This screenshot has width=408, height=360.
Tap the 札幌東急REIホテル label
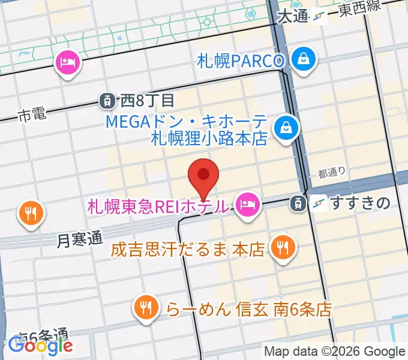tap(158, 206)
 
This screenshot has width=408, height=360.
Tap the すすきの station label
tap(360, 204)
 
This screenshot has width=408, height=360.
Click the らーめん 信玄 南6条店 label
tap(248, 310)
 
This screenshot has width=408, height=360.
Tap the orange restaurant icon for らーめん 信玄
tap(145, 308)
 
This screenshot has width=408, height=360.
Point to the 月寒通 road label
tap(80, 239)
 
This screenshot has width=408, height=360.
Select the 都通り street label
tap(332, 173)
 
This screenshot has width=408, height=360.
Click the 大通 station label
tap(293, 16)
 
